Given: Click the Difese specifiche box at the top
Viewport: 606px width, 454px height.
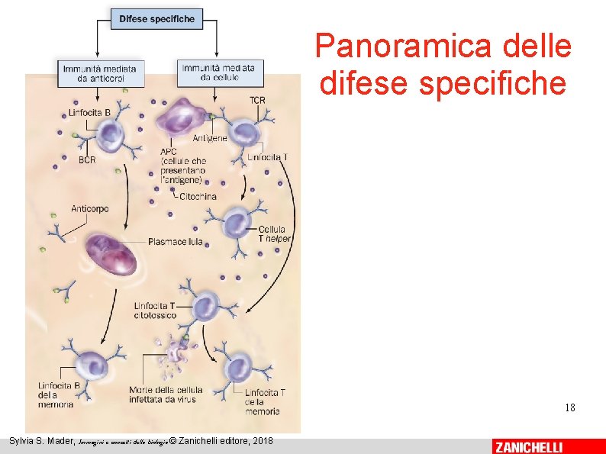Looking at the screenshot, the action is tap(157, 18).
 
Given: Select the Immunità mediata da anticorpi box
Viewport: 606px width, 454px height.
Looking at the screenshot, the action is tap(101, 72).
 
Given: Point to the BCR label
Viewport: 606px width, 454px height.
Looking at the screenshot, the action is tap(87, 159).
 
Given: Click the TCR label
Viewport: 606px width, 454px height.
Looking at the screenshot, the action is tap(258, 101).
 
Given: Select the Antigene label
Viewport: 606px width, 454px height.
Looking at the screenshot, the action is tap(210, 138).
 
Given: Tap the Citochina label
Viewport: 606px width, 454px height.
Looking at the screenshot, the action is tap(198, 196).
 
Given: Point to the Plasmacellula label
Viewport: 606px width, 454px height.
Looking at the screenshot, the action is tap(176, 242).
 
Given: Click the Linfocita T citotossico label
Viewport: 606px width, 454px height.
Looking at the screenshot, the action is tap(155, 310).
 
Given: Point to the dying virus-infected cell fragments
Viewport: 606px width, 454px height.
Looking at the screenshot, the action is tap(177, 353).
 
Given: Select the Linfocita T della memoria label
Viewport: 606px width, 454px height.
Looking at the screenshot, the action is tap(265, 402).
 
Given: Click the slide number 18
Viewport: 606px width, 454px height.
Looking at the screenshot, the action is tap(569, 407).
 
